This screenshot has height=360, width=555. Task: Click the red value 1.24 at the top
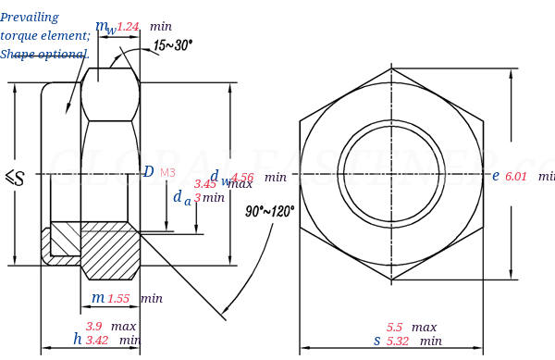pyautogui.click(x=128, y=27)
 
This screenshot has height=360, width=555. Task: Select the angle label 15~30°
pyautogui.click(x=173, y=45)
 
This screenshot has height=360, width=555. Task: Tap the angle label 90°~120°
pyautogui.click(x=270, y=212)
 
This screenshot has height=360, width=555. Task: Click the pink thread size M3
pyautogui.click(x=167, y=173)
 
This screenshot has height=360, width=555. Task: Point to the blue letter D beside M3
pyautogui.click(x=148, y=172)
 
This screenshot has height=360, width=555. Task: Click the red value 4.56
pyautogui.click(x=242, y=178)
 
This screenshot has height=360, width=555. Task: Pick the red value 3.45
pyautogui.click(x=204, y=184)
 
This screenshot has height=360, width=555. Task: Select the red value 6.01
pyautogui.click(x=516, y=177)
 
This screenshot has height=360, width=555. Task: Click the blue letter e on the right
pyautogui.click(x=496, y=176)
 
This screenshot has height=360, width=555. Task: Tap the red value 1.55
pyautogui.click(x=118, y=299)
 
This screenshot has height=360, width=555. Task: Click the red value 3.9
pyautogui.click(x=94, y=327)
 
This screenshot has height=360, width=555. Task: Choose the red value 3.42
pyautogui.click(x=97, y=341)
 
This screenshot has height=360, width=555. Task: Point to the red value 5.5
pyautogui.click(x=395, y=328)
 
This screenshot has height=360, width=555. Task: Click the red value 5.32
pyautogui.click(x=398, y=341)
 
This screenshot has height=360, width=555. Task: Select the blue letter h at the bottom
pyautogui.click(x=78, y=340)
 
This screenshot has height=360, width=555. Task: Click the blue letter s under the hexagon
pyautogui.click(x=376, y=341)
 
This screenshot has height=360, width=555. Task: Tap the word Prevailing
pyautogui.click(x=30, y=18)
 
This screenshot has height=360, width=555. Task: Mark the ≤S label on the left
pyautogui.click(x=15, y=178)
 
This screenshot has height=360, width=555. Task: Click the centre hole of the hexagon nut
pyautogui.click(x=390, y=172)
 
